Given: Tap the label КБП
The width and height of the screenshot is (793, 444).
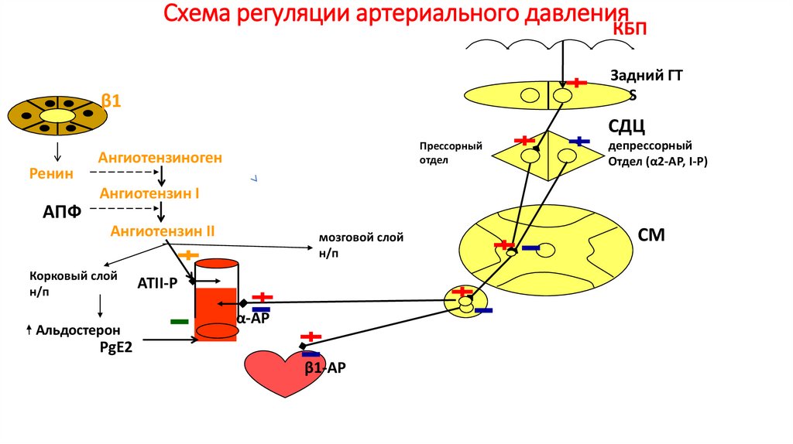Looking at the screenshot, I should (x=630, y=29).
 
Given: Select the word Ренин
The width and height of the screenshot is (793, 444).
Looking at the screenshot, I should (x=52, y=174).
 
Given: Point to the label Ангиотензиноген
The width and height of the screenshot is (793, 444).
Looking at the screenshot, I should (x=160, y=158).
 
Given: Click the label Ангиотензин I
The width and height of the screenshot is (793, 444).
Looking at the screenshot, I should (x=149, y=194).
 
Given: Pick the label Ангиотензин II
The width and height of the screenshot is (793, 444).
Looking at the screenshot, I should (x=163, y=231).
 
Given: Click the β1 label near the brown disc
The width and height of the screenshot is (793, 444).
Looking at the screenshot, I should (x=112, y=101).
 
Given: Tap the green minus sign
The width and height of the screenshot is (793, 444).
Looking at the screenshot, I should (x=179, y=320).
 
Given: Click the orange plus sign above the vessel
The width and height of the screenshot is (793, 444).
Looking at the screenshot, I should (x=188, y=254).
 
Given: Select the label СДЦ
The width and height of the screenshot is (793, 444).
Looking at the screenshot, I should (x=627, y=126).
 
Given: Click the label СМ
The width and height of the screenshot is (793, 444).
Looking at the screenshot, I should (x=651, y=234).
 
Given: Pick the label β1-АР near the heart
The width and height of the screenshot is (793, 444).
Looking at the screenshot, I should (x=324, y=368).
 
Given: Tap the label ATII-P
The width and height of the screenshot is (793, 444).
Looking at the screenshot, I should (x=158, y=285).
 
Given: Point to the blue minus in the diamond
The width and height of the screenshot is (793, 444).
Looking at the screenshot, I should (x=579, y=141).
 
